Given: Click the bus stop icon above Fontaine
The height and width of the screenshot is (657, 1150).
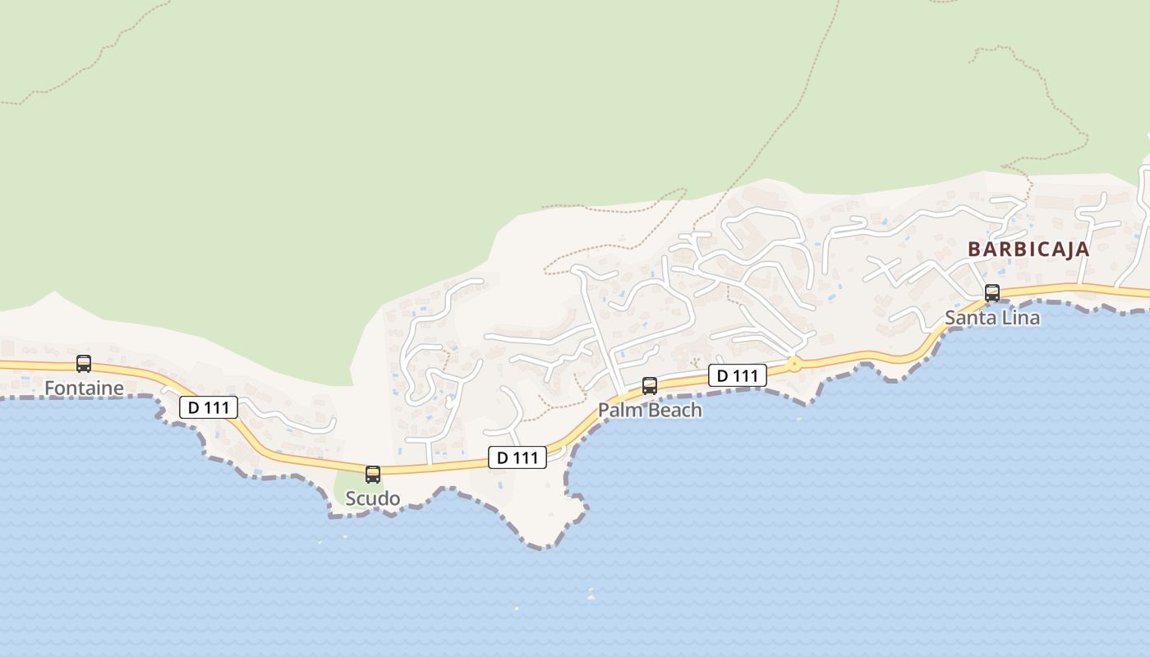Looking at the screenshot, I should pos(83,364).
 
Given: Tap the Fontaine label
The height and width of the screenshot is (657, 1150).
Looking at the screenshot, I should pos(84,388).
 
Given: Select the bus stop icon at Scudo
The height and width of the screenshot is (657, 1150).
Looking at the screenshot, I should pos(373,475).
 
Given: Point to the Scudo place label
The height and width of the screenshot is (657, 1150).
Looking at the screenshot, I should pos(373,498).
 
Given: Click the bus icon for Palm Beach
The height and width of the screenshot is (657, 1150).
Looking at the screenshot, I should pos(650,386).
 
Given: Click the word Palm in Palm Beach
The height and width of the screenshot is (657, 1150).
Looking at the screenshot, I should pos(619,410).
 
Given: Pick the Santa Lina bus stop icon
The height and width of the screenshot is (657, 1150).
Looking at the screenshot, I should pos(992,293).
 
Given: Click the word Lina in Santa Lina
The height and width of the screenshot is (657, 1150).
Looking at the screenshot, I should pos(1022,318).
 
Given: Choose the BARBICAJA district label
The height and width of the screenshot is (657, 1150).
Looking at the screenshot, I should pos(1028,250).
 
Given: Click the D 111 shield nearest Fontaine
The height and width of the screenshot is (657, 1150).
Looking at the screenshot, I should pos(208,407).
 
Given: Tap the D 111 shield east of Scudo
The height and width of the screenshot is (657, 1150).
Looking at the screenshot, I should pos(517,457).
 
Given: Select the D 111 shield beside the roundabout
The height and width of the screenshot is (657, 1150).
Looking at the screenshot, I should pos(737,375).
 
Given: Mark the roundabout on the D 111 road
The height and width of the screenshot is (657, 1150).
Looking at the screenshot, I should pos(793,364).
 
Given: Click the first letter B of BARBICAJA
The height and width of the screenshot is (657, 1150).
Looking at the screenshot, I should pos(974,250).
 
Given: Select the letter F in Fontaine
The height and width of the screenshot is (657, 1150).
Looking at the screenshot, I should pos(49,388).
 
